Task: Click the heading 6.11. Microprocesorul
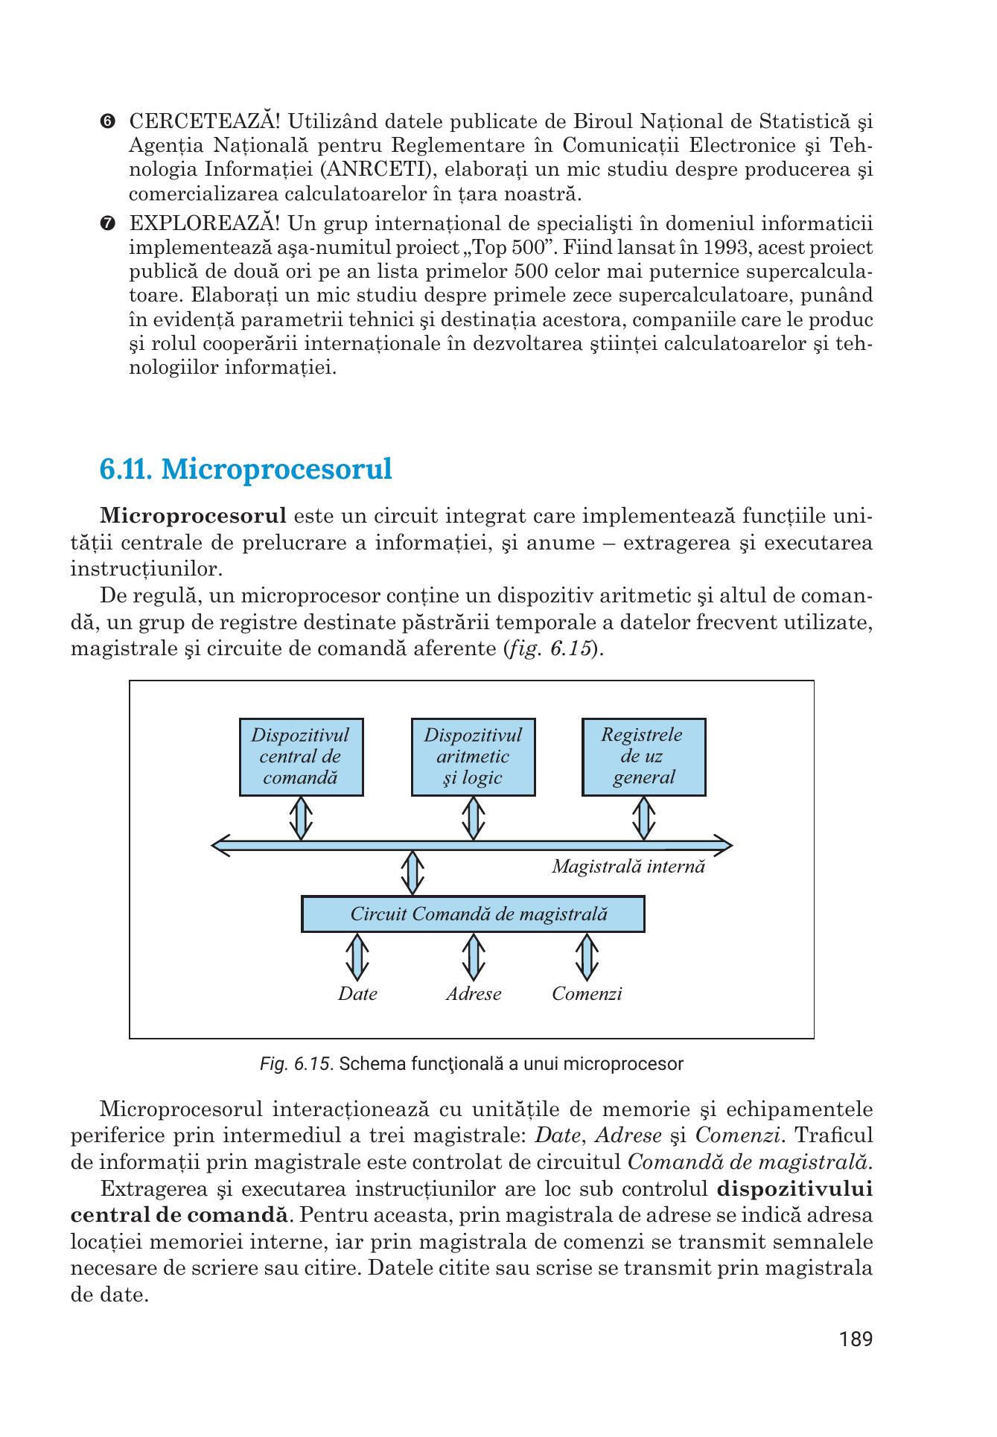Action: pos(246,470)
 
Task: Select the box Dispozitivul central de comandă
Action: pos(301,756)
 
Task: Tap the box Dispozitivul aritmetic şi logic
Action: pos(473,756)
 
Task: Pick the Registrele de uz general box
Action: pos(643,756)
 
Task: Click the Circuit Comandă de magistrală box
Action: pos(473,914)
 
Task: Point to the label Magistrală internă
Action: pos(628,867)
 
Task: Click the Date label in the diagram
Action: pos(357,994)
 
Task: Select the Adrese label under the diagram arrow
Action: pos(474,994)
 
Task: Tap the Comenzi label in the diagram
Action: pos(587,994)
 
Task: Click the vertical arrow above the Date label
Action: pos(357,958)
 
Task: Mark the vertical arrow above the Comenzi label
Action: pos(587,958)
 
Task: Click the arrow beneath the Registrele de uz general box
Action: pos(643,818)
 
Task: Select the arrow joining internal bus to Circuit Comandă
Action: pos(413,873)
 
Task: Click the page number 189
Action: pos(856,1360)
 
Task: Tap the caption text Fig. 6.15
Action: pos(296,1064)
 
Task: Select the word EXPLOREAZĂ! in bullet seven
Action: pos(206,223)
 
